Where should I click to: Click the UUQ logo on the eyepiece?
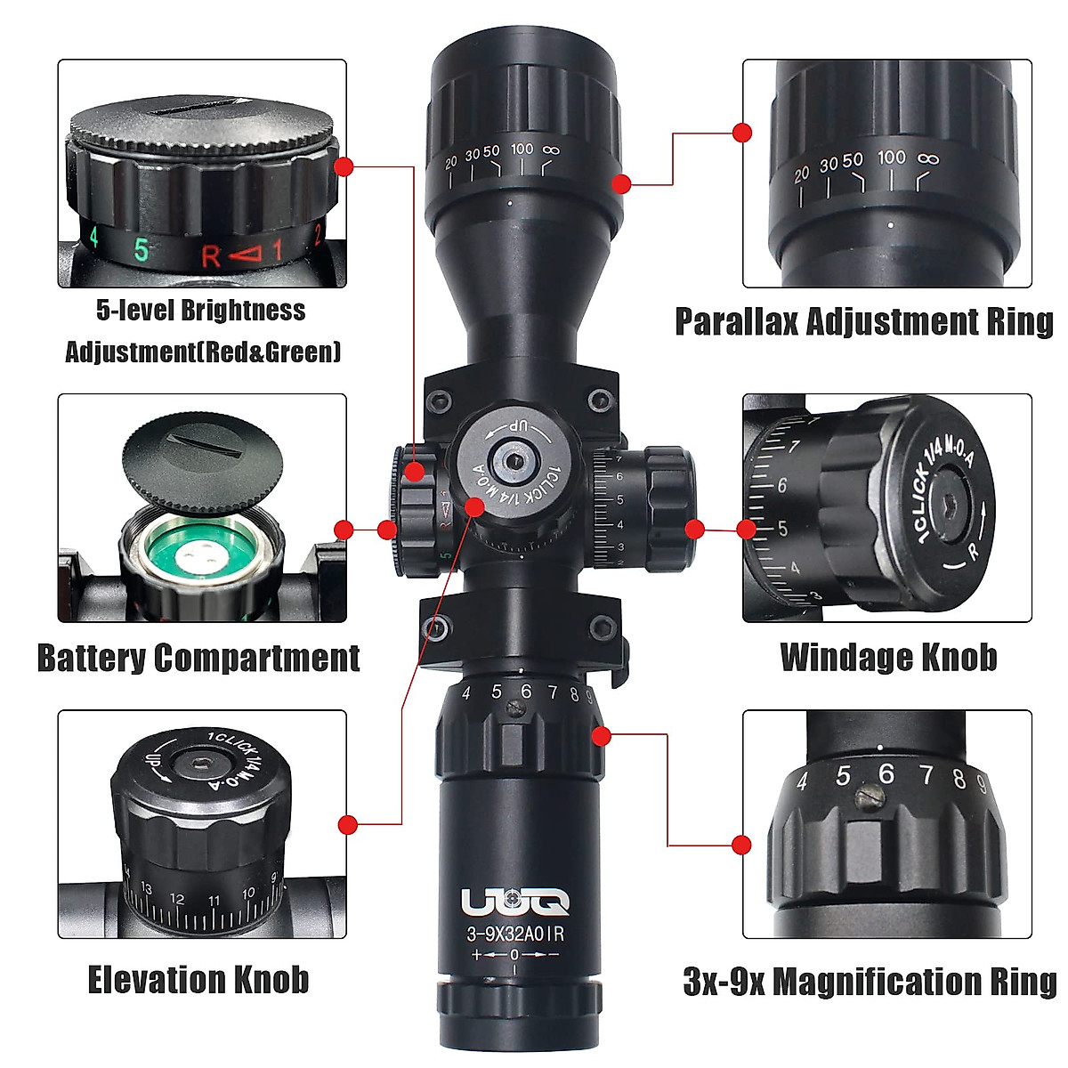coord(515,902)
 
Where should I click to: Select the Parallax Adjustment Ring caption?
coord(863,321)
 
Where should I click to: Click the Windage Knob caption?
coord(888,657)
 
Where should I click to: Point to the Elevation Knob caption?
coord(198,979)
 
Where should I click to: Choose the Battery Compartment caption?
coord(198,658)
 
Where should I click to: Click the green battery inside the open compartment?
coord(202,556)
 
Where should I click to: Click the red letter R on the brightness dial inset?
coord(210,256)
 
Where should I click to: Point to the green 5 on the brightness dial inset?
coord(141,250)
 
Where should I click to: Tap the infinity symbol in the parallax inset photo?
coord(927,160)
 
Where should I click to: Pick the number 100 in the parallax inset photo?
coord(891,158)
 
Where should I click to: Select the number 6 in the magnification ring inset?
coord(886,773)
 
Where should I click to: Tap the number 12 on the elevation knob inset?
coord(177,899)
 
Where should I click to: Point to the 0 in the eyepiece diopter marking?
coord(514,955)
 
